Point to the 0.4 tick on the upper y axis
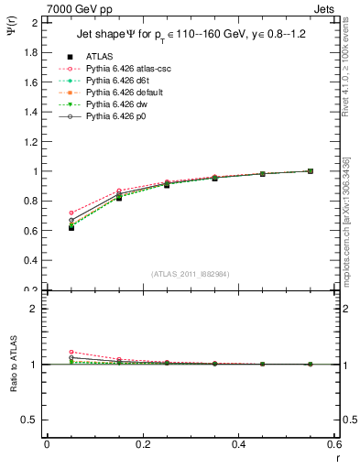pyautogui.click(x=32, y=260)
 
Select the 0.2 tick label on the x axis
pyautogui.click(x=142, y=444)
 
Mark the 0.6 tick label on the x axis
pyautogui.click(x=335, y=444)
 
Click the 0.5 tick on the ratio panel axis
pyautogui.click(x=32, y=420)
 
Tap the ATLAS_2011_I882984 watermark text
pyautogui.click(x=191, y=273)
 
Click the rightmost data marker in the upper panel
pyautogui.click(x=311, y=171)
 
